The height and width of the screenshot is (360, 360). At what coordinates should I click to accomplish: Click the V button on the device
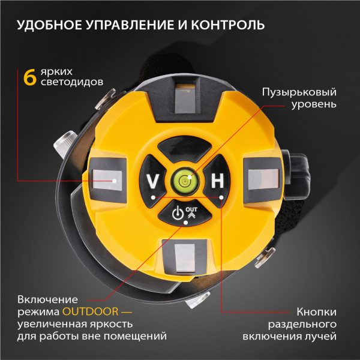coord(153,179)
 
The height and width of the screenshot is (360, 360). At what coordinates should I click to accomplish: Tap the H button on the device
coord(217,179)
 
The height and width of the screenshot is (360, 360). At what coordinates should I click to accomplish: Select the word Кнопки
coord(316,313)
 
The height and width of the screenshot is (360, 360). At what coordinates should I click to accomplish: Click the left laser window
coord(107,178)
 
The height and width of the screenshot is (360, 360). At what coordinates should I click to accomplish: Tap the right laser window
coord(262,178)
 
